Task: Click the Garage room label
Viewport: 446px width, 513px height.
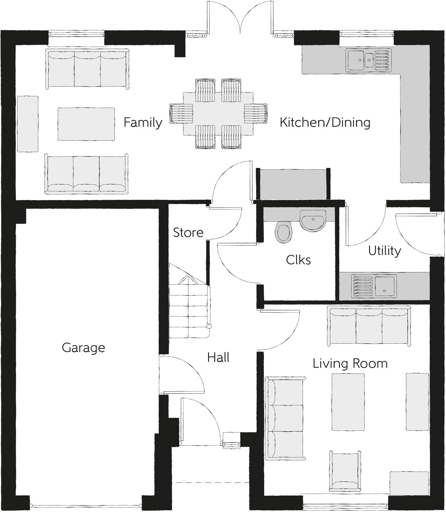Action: coord(83,348)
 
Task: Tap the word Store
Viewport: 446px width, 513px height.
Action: coord(188,233)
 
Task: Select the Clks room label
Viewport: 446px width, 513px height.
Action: coord(298,260)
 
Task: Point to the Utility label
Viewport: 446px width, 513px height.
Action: coord(384,251)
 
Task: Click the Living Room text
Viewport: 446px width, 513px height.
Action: coord(350,364)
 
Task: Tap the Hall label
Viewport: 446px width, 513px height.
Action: coord(218,357)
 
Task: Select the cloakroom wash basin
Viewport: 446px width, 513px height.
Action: coord(313,220)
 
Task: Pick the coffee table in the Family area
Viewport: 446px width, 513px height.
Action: coord(86,124)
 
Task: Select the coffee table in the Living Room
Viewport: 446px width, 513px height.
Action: coord(348,402)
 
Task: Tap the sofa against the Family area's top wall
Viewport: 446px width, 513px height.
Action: coord(87,69)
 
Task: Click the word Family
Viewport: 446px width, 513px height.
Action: coord(143,123)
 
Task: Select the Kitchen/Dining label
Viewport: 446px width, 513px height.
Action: coord(325,123)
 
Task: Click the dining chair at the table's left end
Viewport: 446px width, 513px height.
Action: coord(181,114)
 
